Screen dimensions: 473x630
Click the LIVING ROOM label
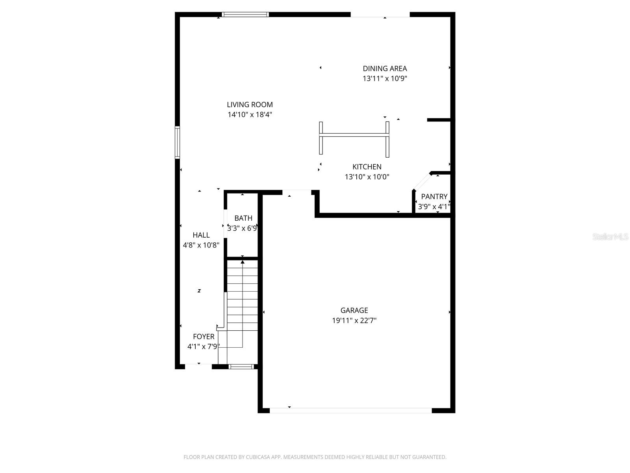(x=250, y=105)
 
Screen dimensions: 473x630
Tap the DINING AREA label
(x=385, y=69)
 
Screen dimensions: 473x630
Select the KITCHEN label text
(x=367, y=167)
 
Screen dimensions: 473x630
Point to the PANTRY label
(x=434, y=197)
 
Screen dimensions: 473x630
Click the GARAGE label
(x=354, y=311)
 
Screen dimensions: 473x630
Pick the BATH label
(x=243, y=218)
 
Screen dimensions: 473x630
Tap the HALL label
(x=201, y=235)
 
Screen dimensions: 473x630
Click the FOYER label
(x=204, y=337)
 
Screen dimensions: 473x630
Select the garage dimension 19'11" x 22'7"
(x=354, y=320)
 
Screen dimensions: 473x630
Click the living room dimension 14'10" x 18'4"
(x=250, y=115)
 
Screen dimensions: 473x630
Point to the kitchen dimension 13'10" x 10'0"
(x=367, y=177)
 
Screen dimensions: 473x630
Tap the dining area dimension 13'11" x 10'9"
(x=385, y=78)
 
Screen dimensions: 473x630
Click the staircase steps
(x=243, y=300)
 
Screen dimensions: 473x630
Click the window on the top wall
(x=245, y=15)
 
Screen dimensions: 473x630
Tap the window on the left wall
(x=177, y=142)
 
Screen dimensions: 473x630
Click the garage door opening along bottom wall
(x=350, y=410)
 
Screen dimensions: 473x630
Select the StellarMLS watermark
(x=610, y=237)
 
